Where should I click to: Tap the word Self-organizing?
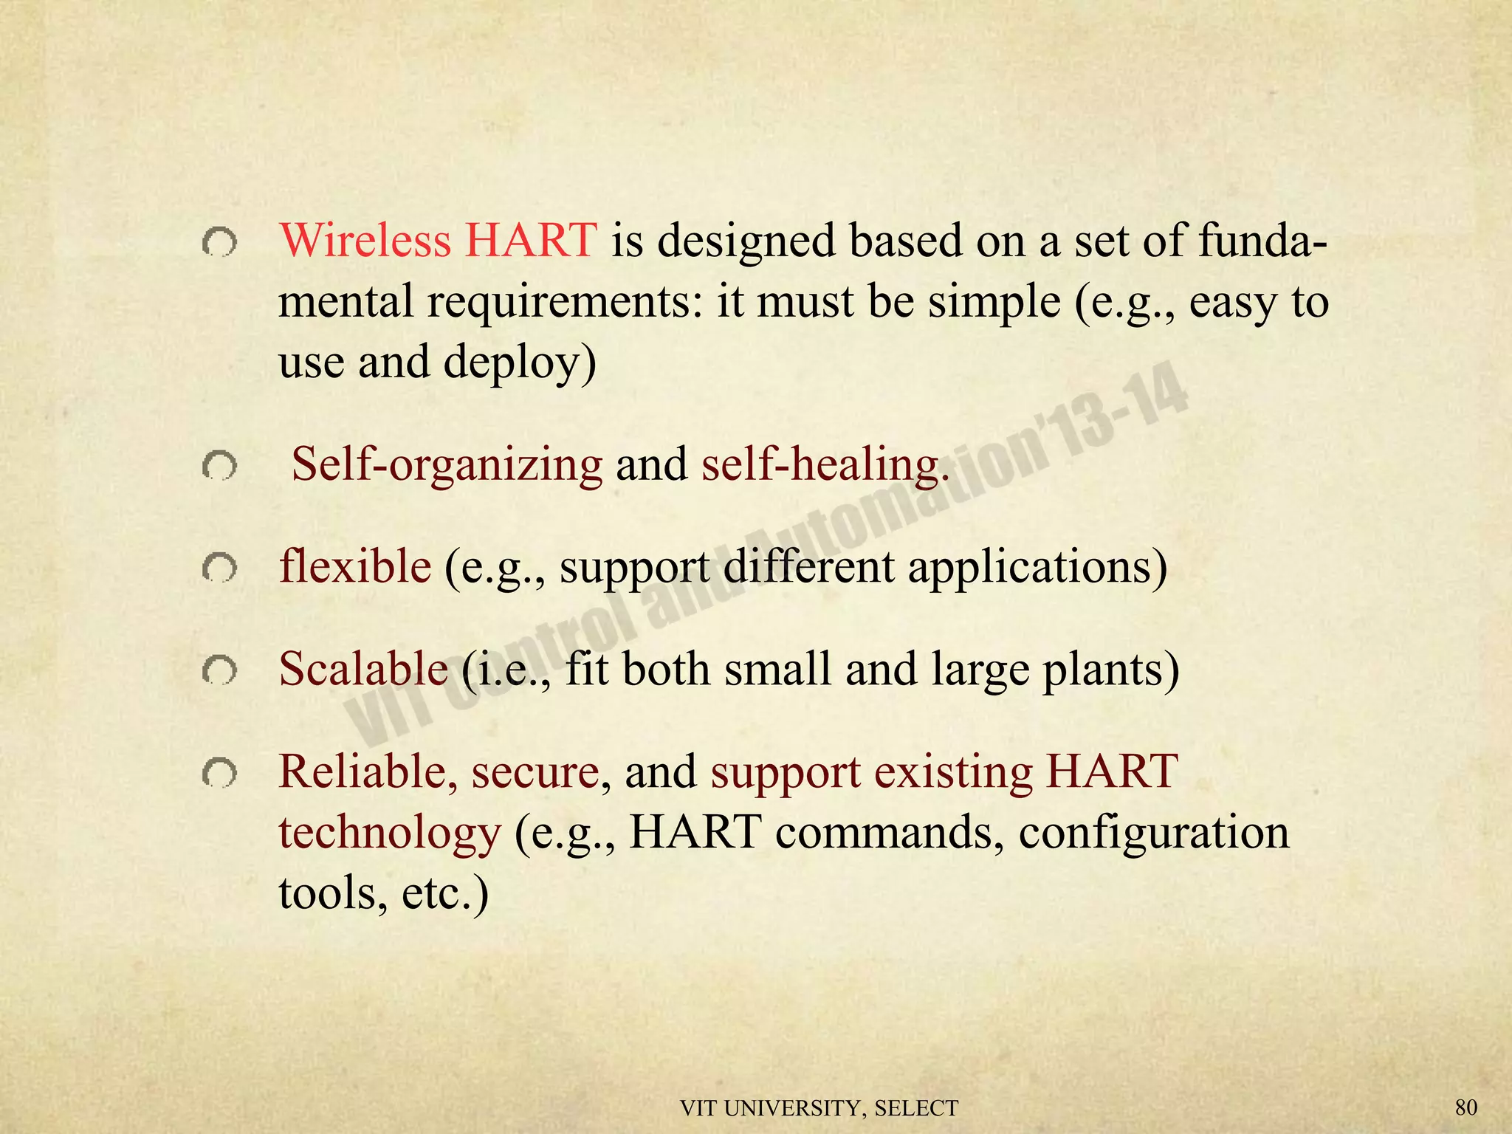coord(447,465)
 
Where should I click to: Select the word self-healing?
coord(824,465)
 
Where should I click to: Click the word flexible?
coord(355,567)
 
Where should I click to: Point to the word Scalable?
coord(363,669)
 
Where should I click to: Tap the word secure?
coord(535,772)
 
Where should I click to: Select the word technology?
coord(390,834)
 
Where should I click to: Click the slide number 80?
coord(1466,1107)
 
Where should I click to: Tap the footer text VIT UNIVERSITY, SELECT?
coord(819,1108)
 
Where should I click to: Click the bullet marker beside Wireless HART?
coord(219,243)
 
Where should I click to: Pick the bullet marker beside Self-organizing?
coord(219,467)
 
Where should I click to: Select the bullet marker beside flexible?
coord(219,568)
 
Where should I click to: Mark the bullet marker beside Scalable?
coord(219,671)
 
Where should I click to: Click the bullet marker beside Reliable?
coord(219,774)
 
